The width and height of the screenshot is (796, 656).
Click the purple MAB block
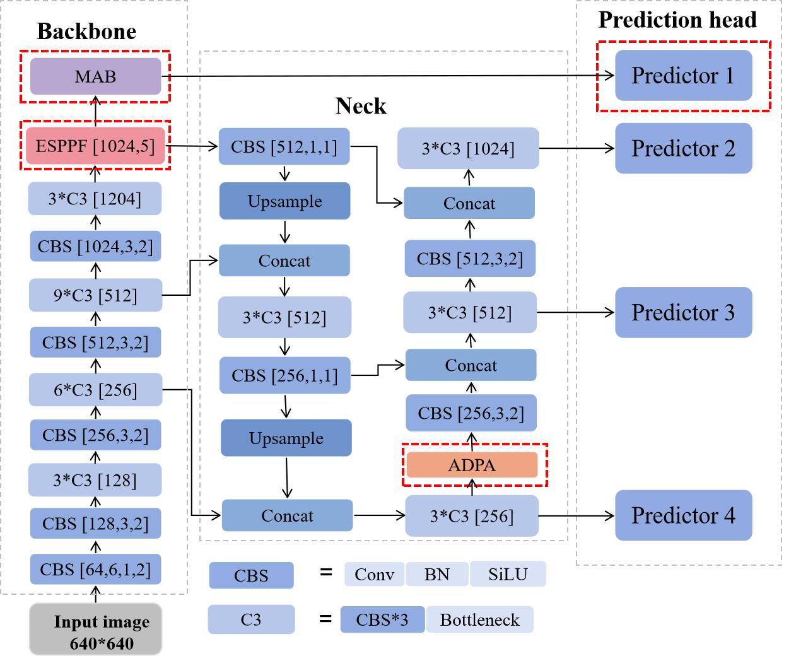pyautogui.click(x=95, y=76)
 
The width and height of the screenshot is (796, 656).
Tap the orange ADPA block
pyautogui.click(x=472, y=466)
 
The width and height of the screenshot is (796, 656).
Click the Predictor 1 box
pyautogui.click(x=683, y=76)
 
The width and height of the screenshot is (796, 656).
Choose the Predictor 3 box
pyautogui.click(x=683, y=313)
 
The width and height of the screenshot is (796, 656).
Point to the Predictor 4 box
pyautogui.click(x=683, y=515)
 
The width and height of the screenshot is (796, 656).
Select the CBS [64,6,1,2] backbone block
pyautogui.click(x=95, y=570)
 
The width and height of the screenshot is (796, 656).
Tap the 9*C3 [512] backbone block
pyautogui.click(x=95, y=295)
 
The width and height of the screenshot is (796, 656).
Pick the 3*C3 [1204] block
pyautogui.click(x=95, y=199)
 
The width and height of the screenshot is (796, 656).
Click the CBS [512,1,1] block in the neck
pyautogui.click(x=284, y=147)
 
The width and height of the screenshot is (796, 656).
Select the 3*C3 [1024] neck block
pyautogui.click(x=468, y=149)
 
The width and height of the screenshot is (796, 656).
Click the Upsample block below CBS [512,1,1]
pyautogui.click(x=284, y=201)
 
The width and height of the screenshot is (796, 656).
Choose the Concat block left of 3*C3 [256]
pyautogui.click(x=287, y=516)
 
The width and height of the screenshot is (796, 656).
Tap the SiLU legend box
pyautogui.click(x=508, y=575)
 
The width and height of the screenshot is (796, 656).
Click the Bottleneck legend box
pyautogui.click(x=479, y=620)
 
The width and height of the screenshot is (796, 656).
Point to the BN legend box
pyautogui.click(x=436, y=575)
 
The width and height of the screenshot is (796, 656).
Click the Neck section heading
pyautogui.click(x=361, y=106)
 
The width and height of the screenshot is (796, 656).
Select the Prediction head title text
pyautogui.click(x=677, y=20)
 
